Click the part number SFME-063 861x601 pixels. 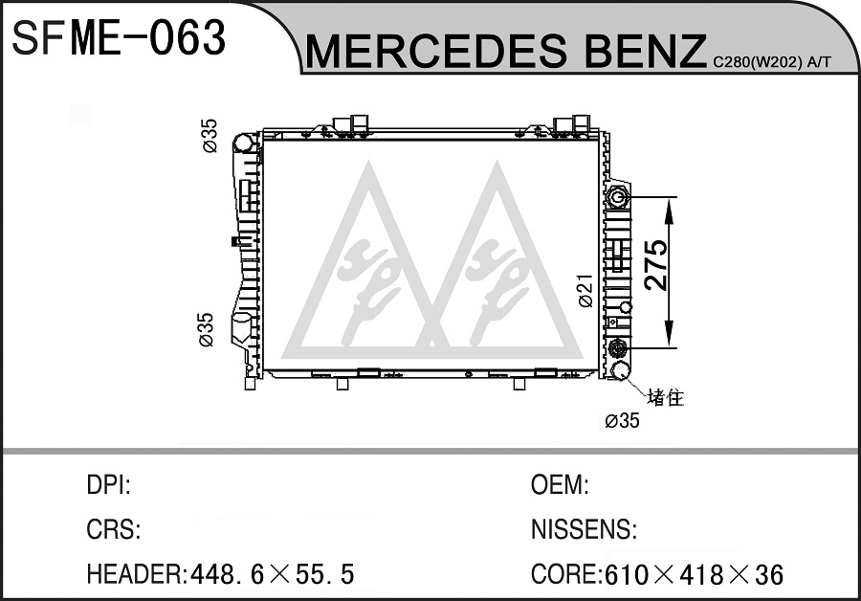click(x=119, y=38)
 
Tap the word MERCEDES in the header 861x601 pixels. click(x=436, y=51)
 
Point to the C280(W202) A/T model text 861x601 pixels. click(x=772, y=62)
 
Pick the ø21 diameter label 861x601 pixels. click(x=585, y=291)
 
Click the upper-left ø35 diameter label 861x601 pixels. click(x=210, y=136)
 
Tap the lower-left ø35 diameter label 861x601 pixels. click(x=206, y=329)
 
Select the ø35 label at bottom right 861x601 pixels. click(x=622, y=421)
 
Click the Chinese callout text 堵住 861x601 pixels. click(x=666, y=397)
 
